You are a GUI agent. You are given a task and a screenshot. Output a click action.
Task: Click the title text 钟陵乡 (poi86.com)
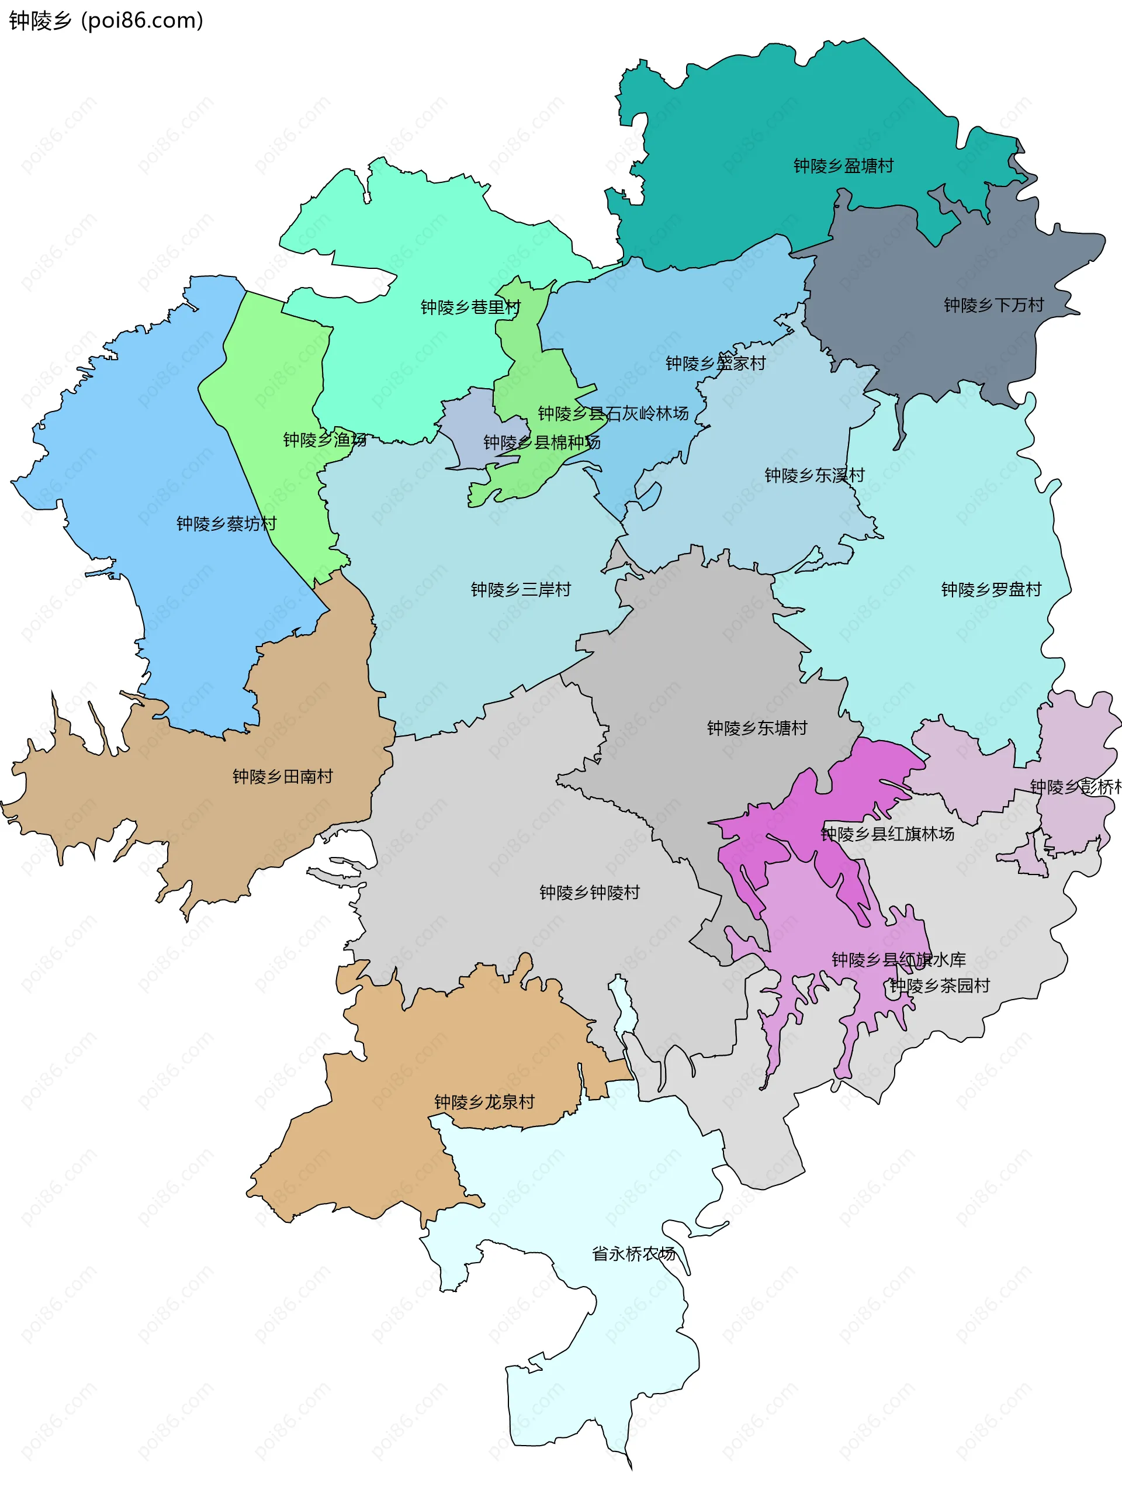point(106,20)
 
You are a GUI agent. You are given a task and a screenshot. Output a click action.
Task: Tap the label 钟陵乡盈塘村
point(843,166)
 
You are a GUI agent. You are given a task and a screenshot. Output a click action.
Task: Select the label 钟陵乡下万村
point(993,305)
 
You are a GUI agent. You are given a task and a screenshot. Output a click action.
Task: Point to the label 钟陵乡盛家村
point(715,363)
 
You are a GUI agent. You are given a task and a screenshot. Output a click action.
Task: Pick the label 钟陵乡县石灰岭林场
point(612,413)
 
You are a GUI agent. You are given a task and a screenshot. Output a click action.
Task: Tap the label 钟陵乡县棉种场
point(541,443)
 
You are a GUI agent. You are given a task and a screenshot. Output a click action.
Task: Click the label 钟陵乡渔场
point(325,440)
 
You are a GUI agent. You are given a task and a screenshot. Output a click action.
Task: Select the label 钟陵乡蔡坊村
point(226,523)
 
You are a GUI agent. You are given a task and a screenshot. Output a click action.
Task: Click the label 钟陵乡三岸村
point(520,589)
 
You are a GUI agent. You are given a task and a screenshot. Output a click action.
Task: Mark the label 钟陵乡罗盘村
point(991,589)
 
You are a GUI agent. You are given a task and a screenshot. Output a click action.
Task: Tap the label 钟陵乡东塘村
point(757,728)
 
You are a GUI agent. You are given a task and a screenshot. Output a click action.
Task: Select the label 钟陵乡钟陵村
point(589,892)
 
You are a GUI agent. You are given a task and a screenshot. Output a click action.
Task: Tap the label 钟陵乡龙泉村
point(484,1101)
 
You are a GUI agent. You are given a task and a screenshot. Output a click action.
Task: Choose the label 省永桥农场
point(633,1253)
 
